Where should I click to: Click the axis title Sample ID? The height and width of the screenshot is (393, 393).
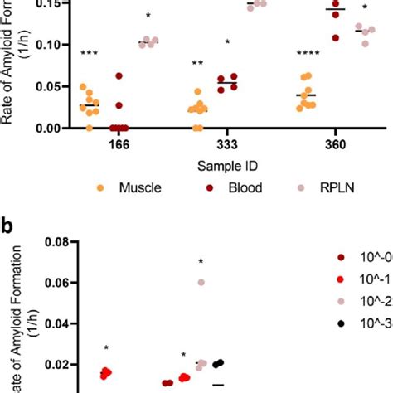click(208, 166)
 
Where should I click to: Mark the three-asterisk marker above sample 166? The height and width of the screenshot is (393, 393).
click(90, 55)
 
